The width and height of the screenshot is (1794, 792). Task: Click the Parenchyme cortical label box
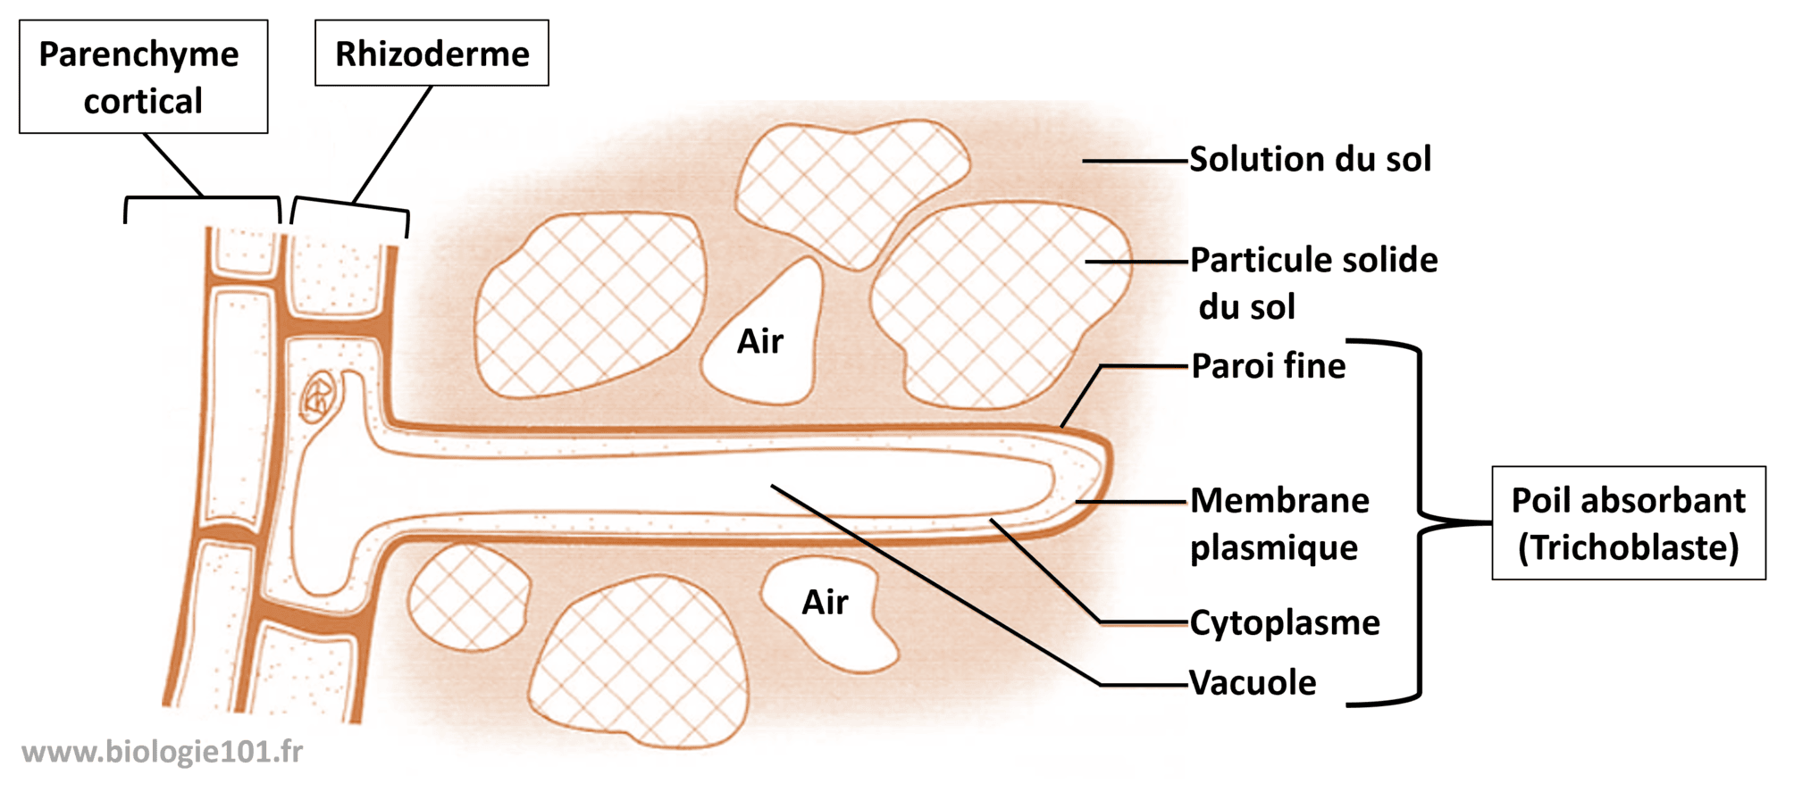[x=144, y=77]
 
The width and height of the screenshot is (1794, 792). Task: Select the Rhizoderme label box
[x=432, y=53]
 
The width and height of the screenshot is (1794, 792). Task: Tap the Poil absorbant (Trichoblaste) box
[x=1628, y=523]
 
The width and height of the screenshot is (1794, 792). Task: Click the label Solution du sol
[x=1310, y=159]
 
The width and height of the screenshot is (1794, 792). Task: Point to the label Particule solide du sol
[x=1313, y=283]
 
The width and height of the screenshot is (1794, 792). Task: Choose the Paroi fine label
[x=1268, y=365]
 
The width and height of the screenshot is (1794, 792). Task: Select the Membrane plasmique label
[x=1279, y=523]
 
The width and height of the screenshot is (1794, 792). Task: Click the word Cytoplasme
[x=1285, y=622]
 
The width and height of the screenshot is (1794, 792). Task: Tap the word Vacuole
[x=1253, y=682]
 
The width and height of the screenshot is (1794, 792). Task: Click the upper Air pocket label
[x=759, y=341]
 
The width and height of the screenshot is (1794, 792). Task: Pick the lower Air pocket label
[x=825, y=602]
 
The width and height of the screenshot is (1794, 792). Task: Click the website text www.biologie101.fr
[x=162, y=752]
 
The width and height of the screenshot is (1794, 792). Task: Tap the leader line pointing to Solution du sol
[x=1136, y=161]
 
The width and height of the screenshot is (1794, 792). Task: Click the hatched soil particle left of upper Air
[x=591, y=304]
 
